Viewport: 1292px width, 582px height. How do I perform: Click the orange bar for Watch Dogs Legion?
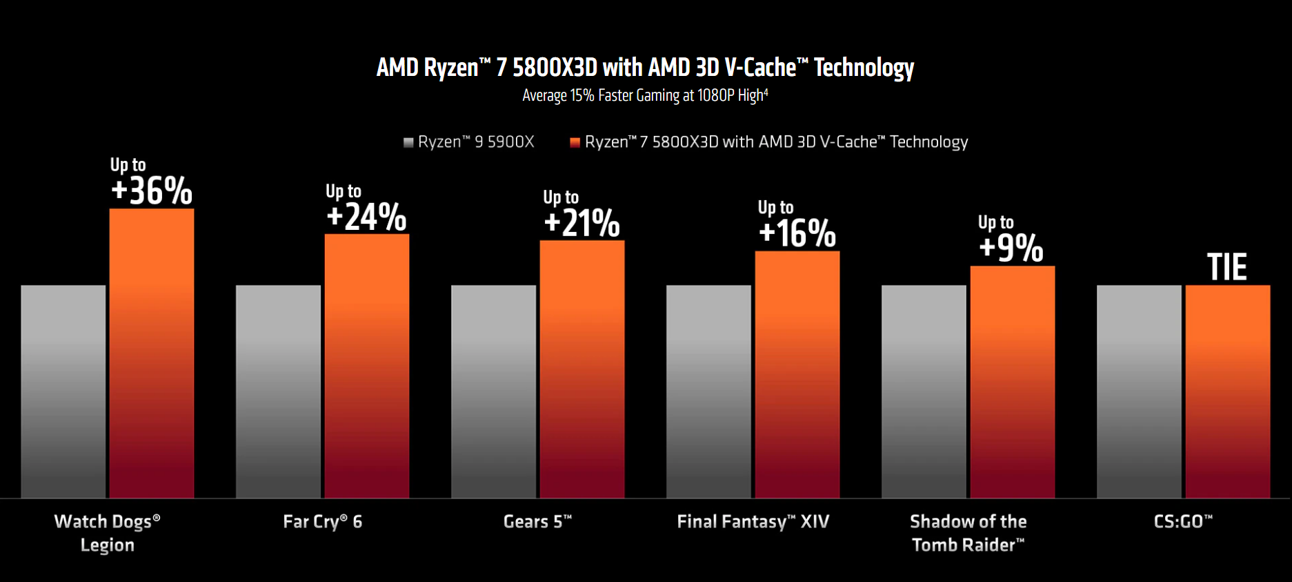tap(152, 353)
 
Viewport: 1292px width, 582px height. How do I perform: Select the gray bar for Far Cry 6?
tap(278, 391)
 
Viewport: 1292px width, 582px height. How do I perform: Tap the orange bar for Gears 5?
tap(582, 369)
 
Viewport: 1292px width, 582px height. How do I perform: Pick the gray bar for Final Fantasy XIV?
tap(708, 391)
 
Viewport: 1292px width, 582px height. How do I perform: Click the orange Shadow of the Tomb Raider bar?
tap(1013, 381)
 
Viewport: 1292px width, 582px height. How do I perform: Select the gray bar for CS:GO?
tap(1139, 391)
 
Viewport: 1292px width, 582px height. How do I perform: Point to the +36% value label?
tap(152, 191)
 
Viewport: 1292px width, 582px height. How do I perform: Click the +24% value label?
tap(366, 217)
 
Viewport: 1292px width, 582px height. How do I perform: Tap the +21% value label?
tap(582, 224)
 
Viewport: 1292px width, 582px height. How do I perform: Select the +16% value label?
tap(797, 234)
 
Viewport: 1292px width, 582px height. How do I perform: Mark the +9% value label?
tap(1011, 249)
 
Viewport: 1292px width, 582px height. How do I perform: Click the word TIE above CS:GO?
tap(1227, 267)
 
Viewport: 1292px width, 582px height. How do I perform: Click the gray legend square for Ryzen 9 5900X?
tap(408, 142)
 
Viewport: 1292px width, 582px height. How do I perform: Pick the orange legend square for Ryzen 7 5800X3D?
tap(575, 142)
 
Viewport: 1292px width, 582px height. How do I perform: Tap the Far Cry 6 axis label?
tap(322, 522)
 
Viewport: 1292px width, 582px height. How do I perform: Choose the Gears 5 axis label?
tap(537, 522)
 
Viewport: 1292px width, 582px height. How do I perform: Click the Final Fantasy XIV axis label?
tap(753, 522)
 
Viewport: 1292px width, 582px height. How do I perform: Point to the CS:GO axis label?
tap(1183, 521)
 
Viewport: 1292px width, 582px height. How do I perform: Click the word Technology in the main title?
tap(864, 68)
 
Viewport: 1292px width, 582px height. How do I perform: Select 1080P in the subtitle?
tap(715, 95)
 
